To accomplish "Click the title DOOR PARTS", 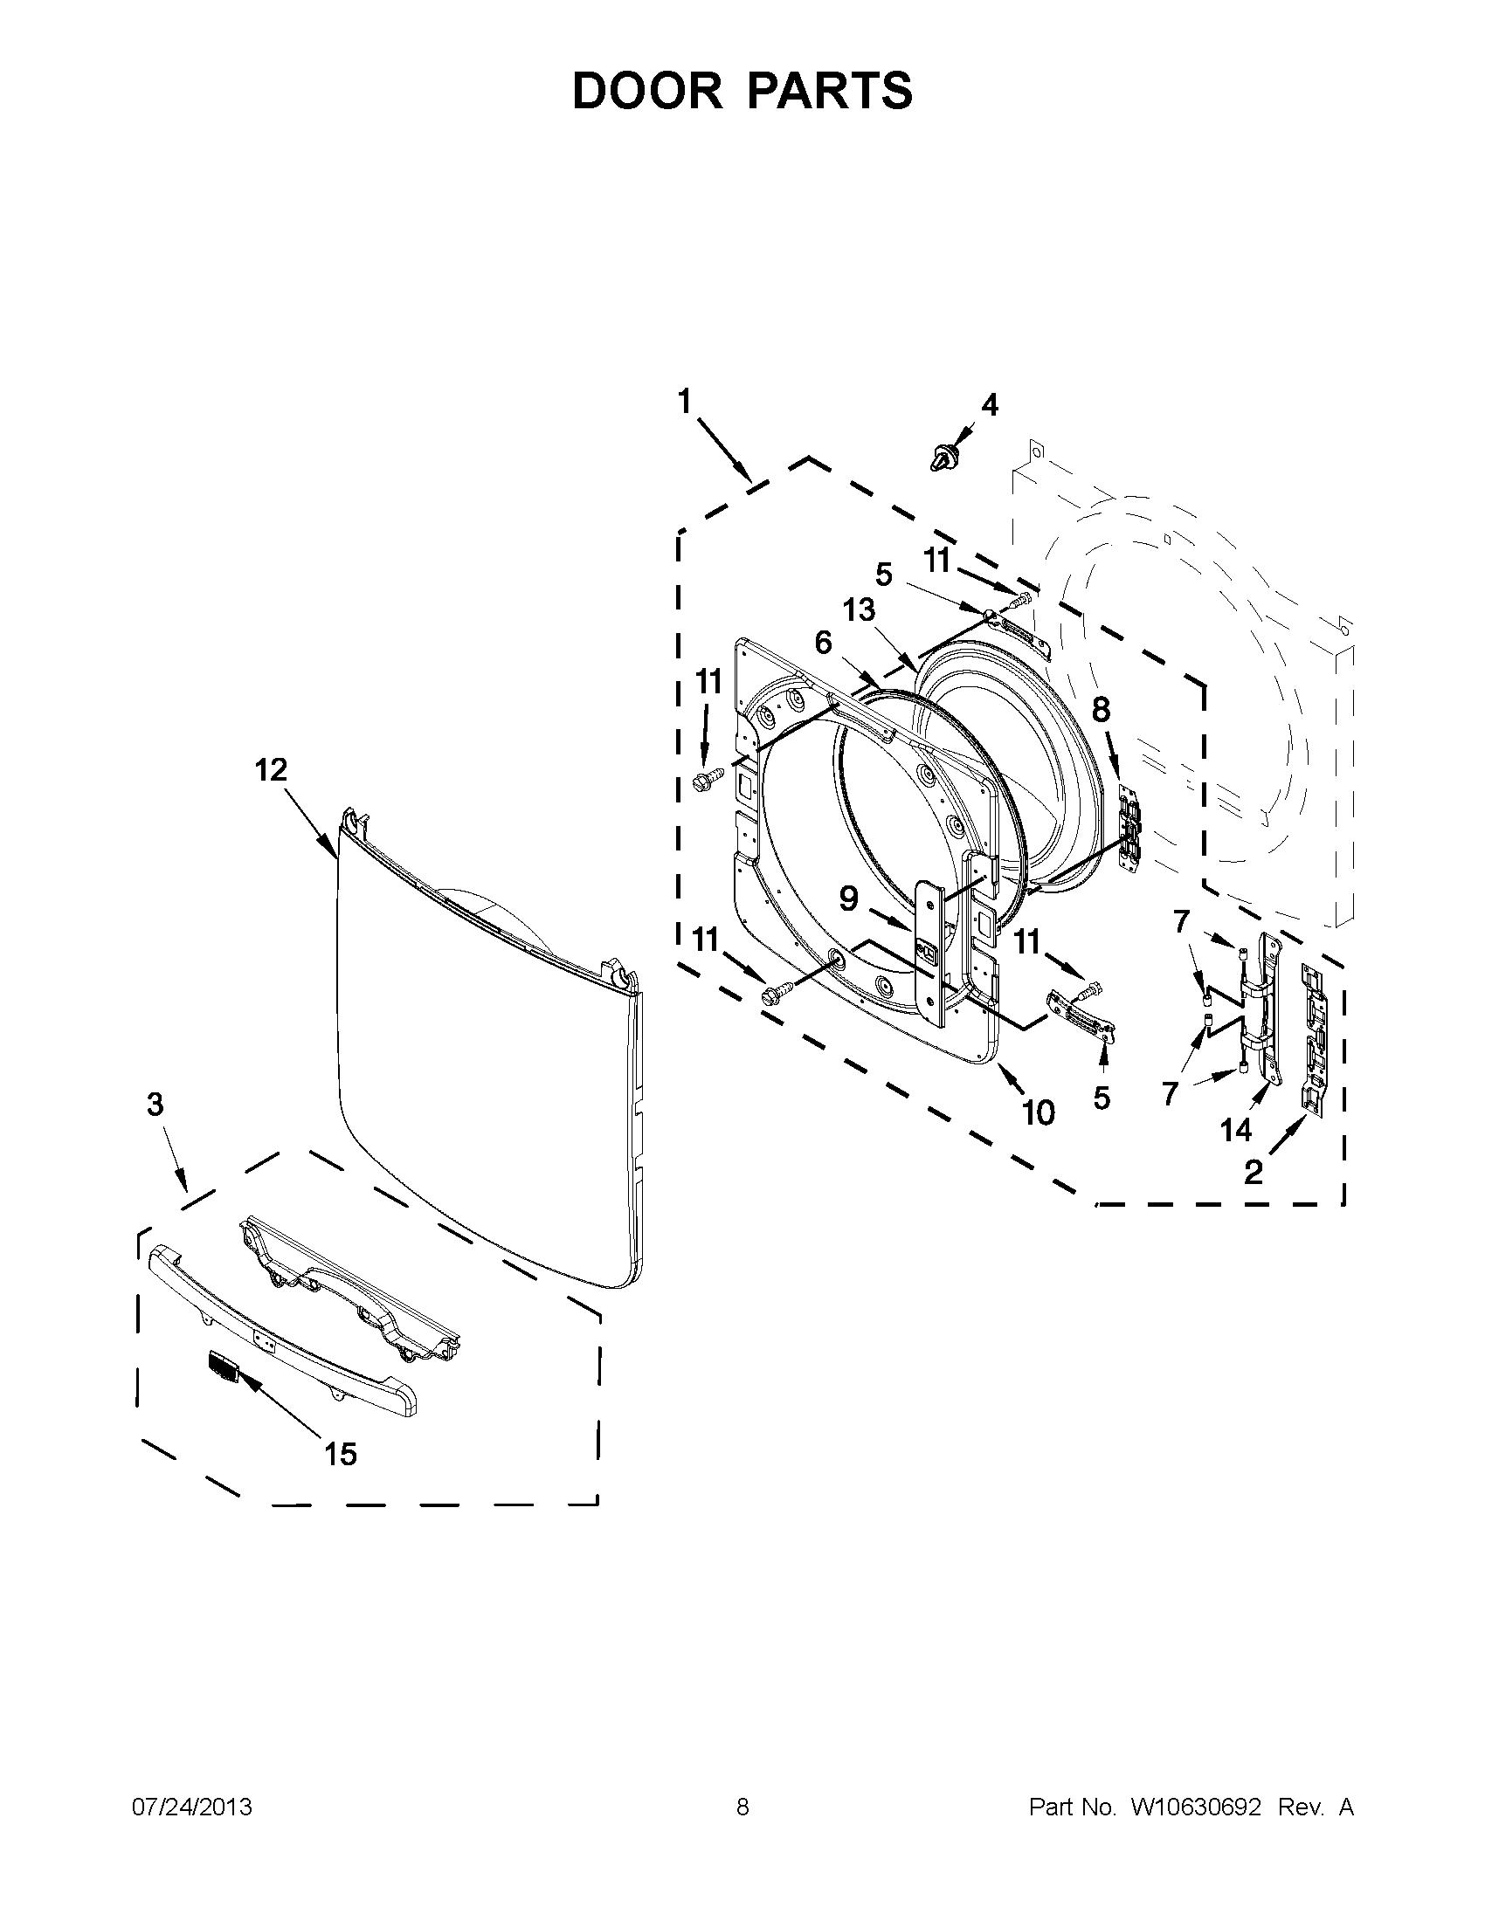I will click(x=742, y=91).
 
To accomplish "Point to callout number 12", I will click(x=271, y=770).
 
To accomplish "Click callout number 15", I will click(x=341, y=1454).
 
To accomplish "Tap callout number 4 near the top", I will click(x=990, y=405).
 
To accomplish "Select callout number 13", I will click(x=860, y=609).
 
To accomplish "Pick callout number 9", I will click(x=848, y=899).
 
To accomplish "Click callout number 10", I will click(x=1039, y=1113).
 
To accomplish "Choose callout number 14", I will click(x=1236, y=1130).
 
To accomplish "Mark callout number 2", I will click(x=1254, y=1172).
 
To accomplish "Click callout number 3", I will click(x=155, y=1105).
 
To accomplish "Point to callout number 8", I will click(x=1101, y=710).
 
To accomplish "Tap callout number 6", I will click(x=823, y=643).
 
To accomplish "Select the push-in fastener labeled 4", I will click(x=944, y=458).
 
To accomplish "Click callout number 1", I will click(x=685, y=402).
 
